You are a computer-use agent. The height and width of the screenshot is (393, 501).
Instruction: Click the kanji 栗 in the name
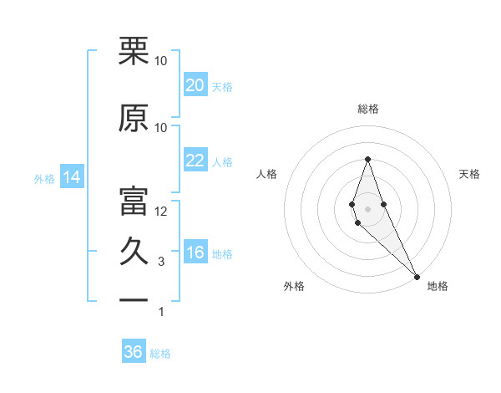134,51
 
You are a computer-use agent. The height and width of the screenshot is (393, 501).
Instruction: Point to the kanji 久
134,251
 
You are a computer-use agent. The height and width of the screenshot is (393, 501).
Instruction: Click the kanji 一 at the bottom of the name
134,299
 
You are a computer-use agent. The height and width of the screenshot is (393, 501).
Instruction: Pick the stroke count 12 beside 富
161,212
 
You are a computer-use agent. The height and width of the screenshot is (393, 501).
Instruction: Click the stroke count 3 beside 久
161,262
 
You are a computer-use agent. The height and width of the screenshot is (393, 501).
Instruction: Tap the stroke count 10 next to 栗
161,61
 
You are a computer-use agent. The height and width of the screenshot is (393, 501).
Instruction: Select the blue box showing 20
195,85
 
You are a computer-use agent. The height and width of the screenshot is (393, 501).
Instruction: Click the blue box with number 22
195,161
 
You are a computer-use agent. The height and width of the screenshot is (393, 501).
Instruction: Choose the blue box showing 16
195,253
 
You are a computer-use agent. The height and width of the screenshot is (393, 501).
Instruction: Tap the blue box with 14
71,177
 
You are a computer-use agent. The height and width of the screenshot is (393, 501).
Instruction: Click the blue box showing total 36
134,352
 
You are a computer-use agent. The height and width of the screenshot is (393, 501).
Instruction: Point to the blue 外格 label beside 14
44,179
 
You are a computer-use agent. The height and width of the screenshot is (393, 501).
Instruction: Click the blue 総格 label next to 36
160,354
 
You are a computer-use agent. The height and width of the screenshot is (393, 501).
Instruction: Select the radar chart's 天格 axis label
469,174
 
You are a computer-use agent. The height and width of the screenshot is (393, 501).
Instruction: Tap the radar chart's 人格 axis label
267,174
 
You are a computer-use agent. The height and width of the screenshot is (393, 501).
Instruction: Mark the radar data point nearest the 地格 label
417,276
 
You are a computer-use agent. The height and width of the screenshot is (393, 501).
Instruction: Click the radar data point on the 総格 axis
367,159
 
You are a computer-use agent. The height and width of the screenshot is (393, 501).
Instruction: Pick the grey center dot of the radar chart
367,208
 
